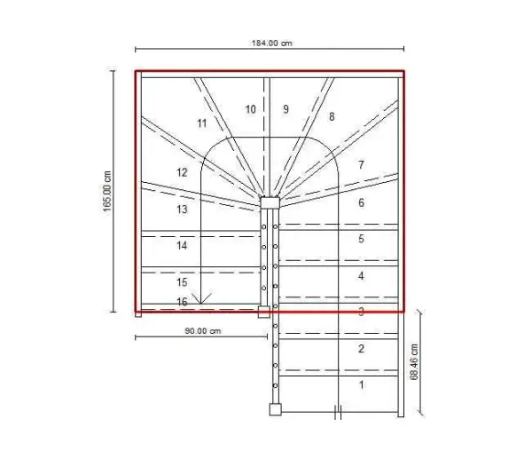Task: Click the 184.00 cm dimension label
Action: click(272, 44)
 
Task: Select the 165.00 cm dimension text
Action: click(107, 192)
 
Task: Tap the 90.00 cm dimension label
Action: click(203, 331)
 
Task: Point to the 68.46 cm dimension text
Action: click(414, 362)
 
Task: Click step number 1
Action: click(362, 384)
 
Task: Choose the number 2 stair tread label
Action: click(361, 348)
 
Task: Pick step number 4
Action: click(361, 275)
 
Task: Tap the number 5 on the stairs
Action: click(361, 239)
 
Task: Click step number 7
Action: click(361, 165)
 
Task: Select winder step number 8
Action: click(332, 116)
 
